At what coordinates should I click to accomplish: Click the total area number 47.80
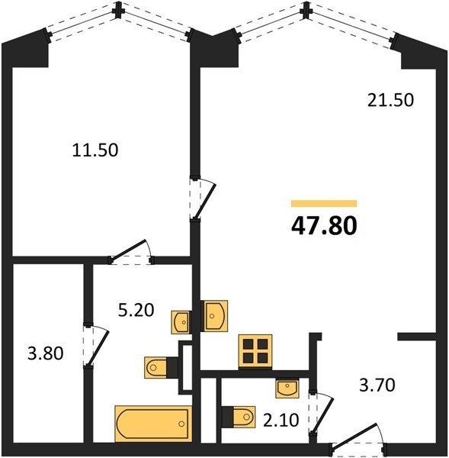coord(324,227)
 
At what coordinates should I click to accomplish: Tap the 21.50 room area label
coord(390,100)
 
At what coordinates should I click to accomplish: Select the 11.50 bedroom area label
coord(95,150)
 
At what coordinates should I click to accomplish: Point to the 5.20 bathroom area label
coord(136,310)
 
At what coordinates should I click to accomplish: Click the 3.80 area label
coord(45,353)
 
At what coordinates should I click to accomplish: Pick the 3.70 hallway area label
coord(377,385)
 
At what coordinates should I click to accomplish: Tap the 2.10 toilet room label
coord(281,421)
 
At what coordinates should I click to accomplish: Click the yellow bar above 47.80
coord(324,203)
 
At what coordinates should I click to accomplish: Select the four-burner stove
coord(255,351)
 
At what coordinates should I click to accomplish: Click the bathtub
coord(153,423)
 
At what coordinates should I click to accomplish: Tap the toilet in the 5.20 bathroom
coord(161,367)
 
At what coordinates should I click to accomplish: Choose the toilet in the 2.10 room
coord(239,417)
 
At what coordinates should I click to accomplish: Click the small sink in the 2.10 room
coord(287,389)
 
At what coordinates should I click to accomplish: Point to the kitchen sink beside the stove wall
coord(214,316)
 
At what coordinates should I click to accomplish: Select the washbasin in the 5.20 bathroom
coord(181,322)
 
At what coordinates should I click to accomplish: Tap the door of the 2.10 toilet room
coord(322,414)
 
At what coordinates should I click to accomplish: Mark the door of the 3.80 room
coord(96,346)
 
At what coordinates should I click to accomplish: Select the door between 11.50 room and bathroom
coord(131,252)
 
